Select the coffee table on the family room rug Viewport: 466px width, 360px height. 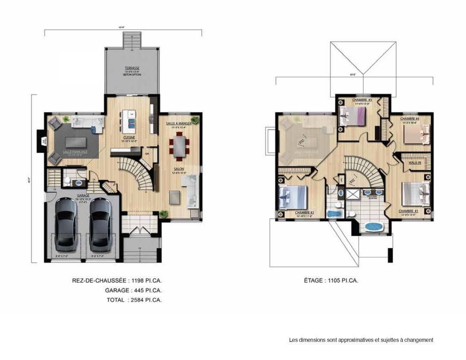[x=77, y=142]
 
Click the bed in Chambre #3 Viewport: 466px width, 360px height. [x=352, y=116]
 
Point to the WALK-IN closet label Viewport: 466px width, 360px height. [x=415, y=163]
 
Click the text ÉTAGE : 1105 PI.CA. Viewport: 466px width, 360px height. [x=331, y=281]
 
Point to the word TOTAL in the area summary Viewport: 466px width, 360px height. [x=116, y=300]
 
